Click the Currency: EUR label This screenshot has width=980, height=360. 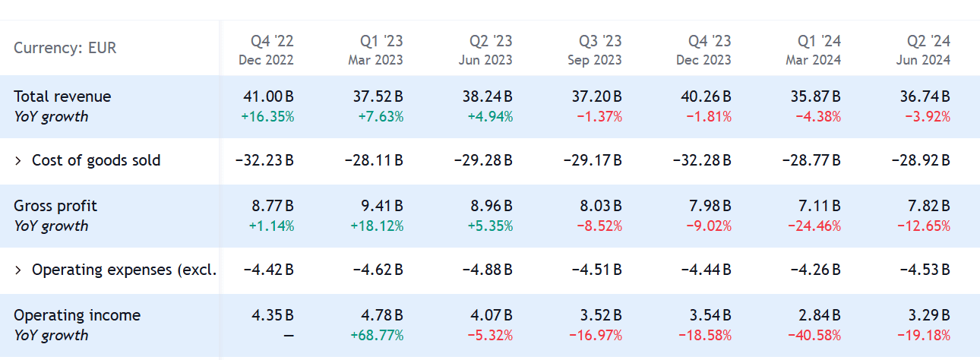pyautogui.click(x=65, y=48)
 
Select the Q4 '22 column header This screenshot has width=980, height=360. pyautogui.click(x=272, y=41)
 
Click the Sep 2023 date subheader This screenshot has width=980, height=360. pyautogui.click(x=595, y=60)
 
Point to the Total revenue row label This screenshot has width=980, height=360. pyautogui.click(x=62, y=96)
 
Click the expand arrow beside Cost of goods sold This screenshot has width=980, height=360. pyautogui.click(x=18, y=161)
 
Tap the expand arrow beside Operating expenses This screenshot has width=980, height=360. pyautogui.click(x=18, y=270)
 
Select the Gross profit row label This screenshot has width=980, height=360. pyautogui.click(x=55, y=206)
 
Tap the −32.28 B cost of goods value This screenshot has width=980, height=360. pyautogui.click(x=702, y=161)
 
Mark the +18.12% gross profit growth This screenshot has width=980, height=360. pyautogui.click(x=378, y=226)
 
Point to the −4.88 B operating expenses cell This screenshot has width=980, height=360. pyautogui.click(x=483, y=270)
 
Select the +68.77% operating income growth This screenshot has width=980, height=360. pyautogui.click(x=378, y=336)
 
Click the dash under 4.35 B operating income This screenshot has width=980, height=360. pyautogui.click(x=286, y=336)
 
